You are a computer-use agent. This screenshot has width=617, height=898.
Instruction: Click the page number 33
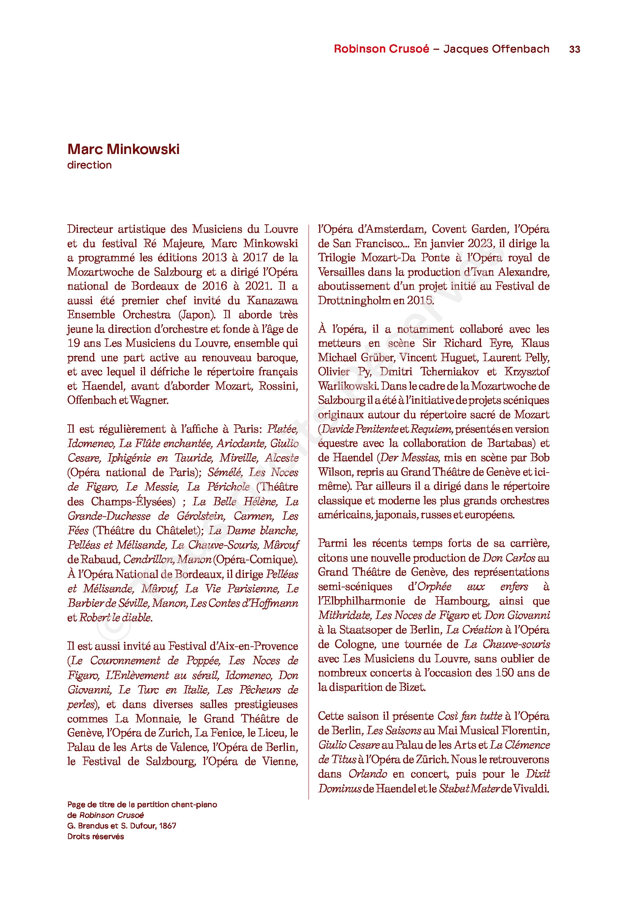click(574, 49)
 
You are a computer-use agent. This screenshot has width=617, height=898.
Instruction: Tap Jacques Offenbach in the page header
click(496, 49)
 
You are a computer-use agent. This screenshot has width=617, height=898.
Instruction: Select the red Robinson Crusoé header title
click(381, 49)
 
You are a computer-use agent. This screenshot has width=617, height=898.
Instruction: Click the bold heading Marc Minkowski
click(123, 149)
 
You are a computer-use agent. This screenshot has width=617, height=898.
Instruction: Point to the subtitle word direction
click(89, 165)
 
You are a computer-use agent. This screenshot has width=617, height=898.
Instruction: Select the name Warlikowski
click(347, 386)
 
